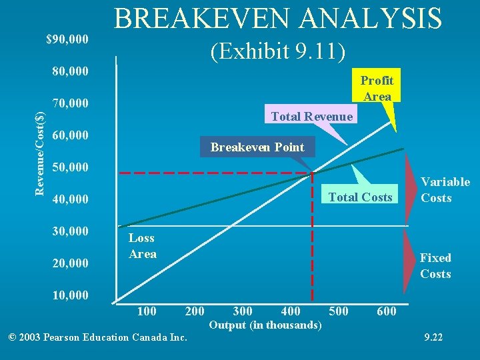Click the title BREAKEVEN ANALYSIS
[278, 18]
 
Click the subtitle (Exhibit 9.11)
[278, 50]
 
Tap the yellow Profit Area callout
[377, 88]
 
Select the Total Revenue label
[311, 117]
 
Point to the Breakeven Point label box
[257, 147]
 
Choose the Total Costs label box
[360, 197]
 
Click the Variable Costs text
[445, 190]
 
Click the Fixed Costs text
[435, 266]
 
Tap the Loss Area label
[142, 246]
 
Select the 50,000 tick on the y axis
[70, 166]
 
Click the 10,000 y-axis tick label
[70, 295]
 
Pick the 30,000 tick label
[70, 231]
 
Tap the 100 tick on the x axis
[146, 311]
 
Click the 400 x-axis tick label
[291, 311]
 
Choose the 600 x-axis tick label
[386, 311]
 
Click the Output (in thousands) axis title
[265, 325]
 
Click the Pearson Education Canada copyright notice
[97, 337]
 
